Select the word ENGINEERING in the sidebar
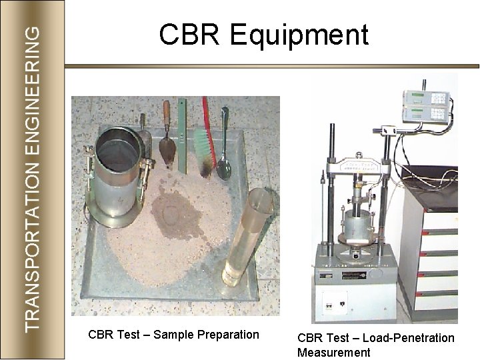pyautogui.click(x=36, y=90)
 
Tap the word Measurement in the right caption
pyautogui.click(x=334, y=352)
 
